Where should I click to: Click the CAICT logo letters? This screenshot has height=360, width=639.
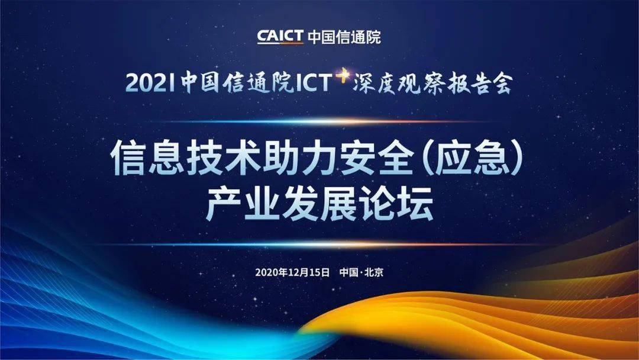click(x=280, y=36)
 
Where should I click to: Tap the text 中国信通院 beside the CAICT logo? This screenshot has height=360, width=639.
click(x=344, y=37)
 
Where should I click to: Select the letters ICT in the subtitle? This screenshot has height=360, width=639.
click(x=314, y=82)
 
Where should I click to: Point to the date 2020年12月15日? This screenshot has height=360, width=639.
click(x=292, y=272)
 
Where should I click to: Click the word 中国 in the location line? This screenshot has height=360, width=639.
click(x=348, y=272)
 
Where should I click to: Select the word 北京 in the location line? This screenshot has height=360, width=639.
click(x=374, y=272)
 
